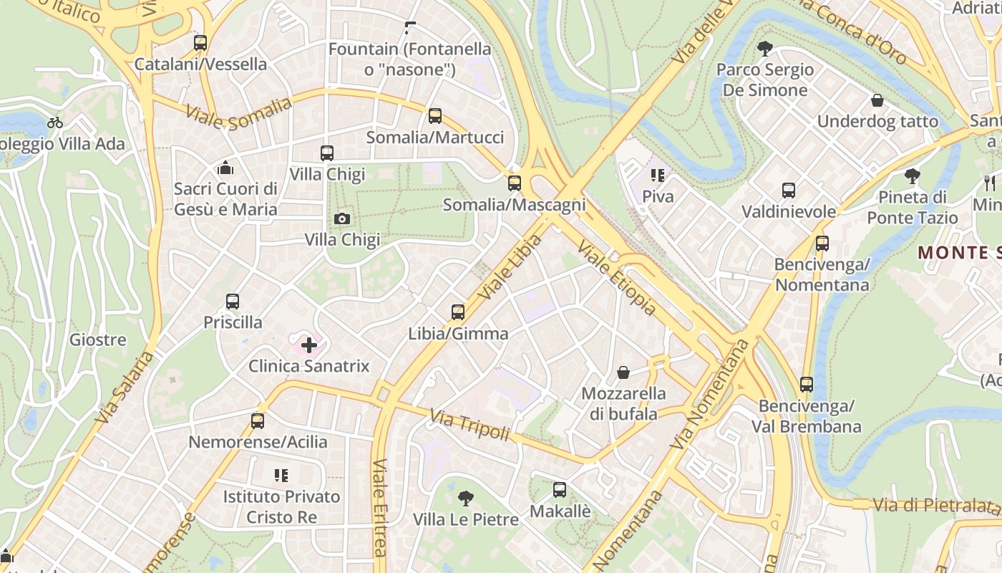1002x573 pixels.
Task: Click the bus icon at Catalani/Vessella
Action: [x=200, y=43]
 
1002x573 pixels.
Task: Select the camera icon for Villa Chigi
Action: [x=342, y=218]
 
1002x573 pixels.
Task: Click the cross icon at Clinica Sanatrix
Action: [x=309, y=346]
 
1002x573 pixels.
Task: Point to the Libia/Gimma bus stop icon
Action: [x=458, y=312]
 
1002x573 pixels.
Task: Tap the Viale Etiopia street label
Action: [x=616, y=278]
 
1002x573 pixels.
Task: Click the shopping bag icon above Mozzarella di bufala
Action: [x=623, y=372]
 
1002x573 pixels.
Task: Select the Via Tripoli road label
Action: [x=470, y=425]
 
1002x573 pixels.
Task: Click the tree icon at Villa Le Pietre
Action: [x=466, y=498]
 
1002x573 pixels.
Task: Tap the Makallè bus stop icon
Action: [x=560, y=490]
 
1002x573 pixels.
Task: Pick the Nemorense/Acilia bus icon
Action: [x=258, y=421]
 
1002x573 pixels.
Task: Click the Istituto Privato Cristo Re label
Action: [x=281, y=506]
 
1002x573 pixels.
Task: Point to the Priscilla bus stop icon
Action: [x=233, y=302]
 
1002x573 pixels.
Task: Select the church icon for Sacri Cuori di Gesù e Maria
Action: [x=226, y=168]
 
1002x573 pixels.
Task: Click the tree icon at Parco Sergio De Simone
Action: [x=765, y=49]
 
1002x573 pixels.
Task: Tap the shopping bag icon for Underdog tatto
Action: [x=877, y=100]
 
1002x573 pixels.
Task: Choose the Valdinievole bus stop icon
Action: [x=789, y=191]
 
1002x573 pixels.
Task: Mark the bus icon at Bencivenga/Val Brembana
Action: [x=807, y=385]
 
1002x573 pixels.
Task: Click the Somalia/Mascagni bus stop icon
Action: [x=515, y=183]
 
